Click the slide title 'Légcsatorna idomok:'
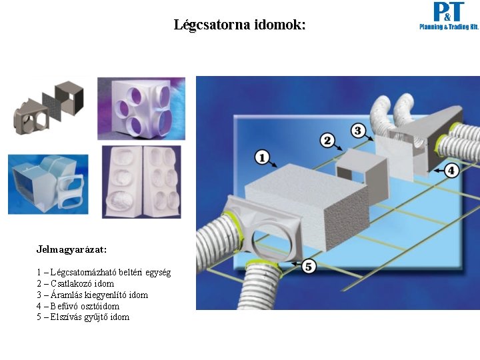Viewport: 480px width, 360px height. [239, 25]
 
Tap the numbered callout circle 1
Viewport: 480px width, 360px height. [262, 157]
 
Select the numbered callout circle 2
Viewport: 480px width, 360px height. [327, 140]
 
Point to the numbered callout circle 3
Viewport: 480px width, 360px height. [358, 131]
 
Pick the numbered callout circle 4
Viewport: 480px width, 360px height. [451, 170]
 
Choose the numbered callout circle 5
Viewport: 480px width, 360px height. [308, 266]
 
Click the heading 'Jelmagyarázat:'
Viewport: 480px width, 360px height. [71, 249]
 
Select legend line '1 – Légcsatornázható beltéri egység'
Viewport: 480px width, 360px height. [103, 272]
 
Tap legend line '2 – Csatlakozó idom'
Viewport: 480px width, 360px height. [75, 283]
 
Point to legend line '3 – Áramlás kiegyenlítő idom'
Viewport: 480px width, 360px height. [92, 295]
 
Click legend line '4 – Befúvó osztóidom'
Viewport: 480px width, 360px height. [78, 306]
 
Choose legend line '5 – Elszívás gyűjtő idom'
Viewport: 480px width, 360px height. [83, 317]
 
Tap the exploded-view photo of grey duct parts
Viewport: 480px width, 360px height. [49, 108]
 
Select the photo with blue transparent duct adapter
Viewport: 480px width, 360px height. [48, 183]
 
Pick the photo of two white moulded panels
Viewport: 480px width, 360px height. [141, 181]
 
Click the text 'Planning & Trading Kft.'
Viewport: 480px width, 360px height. [449, 27]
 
